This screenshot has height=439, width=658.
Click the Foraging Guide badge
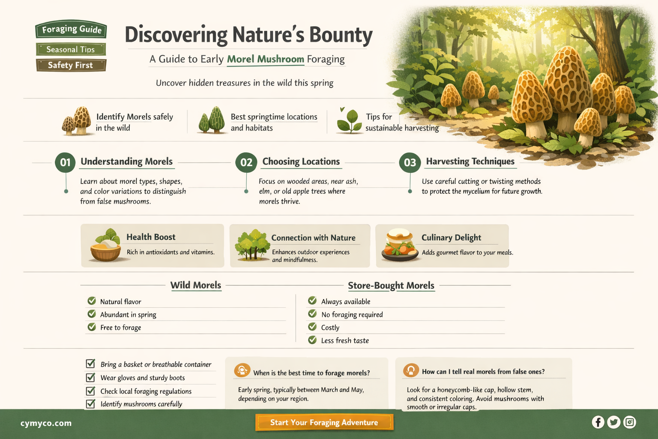[71, 30]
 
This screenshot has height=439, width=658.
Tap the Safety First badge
[71, 65]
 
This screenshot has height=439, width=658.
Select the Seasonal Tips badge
[71, 49]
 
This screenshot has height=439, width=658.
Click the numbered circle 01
[65, 162]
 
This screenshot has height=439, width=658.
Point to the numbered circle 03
[410, 162]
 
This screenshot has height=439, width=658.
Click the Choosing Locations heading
[301, 162]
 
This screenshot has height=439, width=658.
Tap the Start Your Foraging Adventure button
[324, 422]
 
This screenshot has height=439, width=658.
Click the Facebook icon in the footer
[598, 422]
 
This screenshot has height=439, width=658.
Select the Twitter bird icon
[613, 422]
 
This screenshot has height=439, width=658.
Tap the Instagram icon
[629, 422]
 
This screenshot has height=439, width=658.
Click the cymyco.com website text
[46, 423]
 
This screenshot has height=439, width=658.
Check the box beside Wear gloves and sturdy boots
[90, 377]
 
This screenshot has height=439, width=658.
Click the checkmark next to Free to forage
[92, 327]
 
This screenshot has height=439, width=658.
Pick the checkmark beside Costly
[312, 327]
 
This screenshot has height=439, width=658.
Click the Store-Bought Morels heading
[391, 286]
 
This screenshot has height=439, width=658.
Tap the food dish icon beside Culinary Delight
[400, 246]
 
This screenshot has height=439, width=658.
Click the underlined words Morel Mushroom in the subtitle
[265, 59]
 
